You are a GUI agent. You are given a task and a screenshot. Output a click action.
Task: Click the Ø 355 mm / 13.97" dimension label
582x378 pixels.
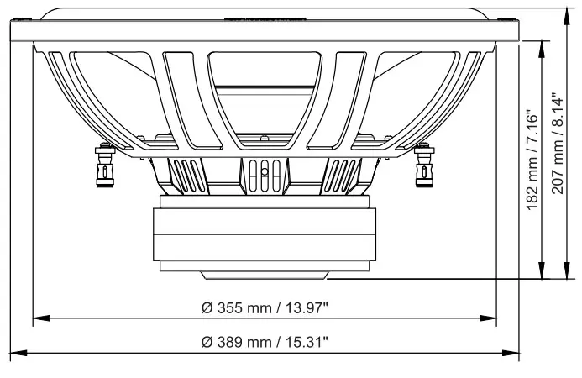pos(265,307)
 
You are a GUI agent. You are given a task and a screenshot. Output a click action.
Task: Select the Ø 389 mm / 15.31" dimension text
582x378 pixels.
pos(265,342)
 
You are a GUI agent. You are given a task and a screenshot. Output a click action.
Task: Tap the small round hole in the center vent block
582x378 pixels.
pos(264,171)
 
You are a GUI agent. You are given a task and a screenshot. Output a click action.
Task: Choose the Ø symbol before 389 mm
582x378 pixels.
pos(207,342)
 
